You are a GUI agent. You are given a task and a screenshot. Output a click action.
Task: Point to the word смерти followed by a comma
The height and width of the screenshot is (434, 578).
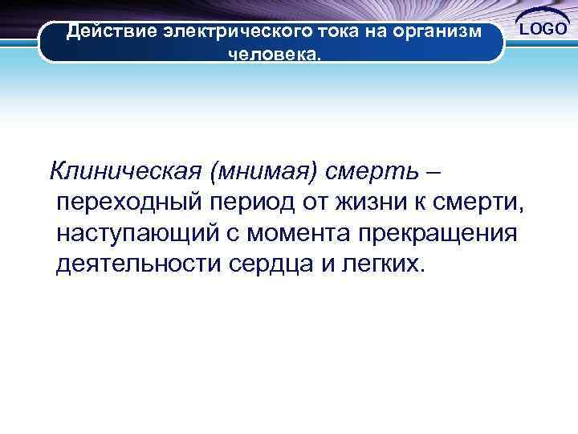coord(488,202)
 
